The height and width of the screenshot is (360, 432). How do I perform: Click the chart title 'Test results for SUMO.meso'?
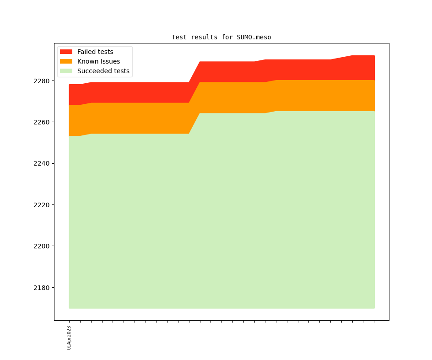pos(221,37)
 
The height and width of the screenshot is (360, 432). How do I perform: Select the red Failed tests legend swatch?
pos(66,52)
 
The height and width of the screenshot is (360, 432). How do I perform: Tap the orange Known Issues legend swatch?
pos(66,61)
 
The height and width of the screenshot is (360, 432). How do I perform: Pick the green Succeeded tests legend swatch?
pos(66,71)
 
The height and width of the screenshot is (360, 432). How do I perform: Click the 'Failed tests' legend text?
pos(95,52)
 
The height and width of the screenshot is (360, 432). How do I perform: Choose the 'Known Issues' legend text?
pos(98,61)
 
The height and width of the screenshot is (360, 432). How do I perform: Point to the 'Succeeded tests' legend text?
pos(103,71)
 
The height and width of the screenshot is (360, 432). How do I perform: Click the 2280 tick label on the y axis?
pos(42,81)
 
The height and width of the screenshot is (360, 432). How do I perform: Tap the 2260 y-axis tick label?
pos(42,122)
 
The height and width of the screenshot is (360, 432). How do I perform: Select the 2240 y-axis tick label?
pos(42,164)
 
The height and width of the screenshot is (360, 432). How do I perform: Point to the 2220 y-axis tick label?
pos(42,205)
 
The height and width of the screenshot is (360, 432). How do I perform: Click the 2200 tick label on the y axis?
pos(42,246)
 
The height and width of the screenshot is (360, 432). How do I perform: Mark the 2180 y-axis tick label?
pos(42,288)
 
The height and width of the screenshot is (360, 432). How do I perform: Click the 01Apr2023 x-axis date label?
pos(69,338)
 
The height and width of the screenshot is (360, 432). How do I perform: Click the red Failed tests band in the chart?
pos(229,72)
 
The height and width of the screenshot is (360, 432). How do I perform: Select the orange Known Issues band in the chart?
pos(229,97)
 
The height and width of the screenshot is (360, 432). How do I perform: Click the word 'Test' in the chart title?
pos(179,37)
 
